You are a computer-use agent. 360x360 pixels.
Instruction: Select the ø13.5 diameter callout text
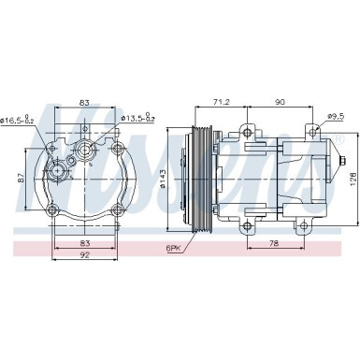137,120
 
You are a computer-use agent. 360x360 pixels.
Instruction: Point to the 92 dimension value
84,254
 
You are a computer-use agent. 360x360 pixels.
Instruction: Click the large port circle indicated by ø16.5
62,170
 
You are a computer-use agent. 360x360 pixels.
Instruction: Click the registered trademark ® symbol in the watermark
339,140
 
